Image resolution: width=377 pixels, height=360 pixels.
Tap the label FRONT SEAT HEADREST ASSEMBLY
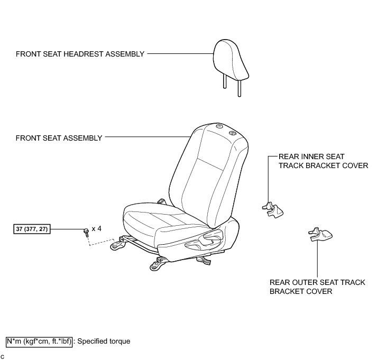point(80,54)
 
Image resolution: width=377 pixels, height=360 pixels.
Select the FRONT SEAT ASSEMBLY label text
point(59,138)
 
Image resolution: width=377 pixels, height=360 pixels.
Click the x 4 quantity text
point(96,229)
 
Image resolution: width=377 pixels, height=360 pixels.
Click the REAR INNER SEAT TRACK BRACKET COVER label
point(323,161)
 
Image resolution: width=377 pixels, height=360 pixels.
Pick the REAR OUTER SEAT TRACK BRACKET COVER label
point(317,287)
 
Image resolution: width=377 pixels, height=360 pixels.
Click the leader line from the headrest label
point(180,53)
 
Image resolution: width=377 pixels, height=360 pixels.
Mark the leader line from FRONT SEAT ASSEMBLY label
point(145,137)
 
